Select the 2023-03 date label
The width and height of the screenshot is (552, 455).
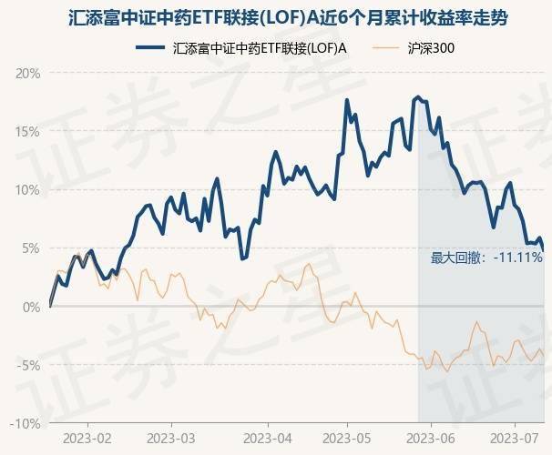(x=174, y=439)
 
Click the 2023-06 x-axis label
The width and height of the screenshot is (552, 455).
(x=445, y=439)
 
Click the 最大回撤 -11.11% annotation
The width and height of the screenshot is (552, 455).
(x=486, y=258)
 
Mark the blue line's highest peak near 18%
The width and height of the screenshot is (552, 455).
(x=417, y=96)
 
